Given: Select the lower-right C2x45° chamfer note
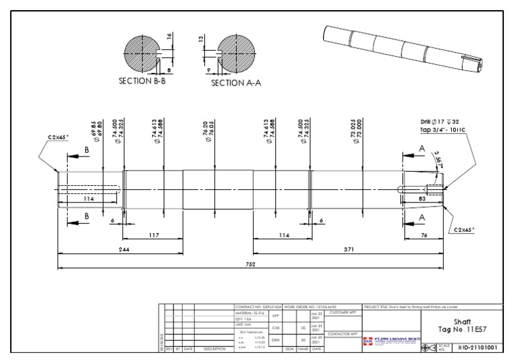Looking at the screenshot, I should (464, 229).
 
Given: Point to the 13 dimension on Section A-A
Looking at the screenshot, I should (201, 39).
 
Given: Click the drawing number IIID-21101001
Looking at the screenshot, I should (478, 348).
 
